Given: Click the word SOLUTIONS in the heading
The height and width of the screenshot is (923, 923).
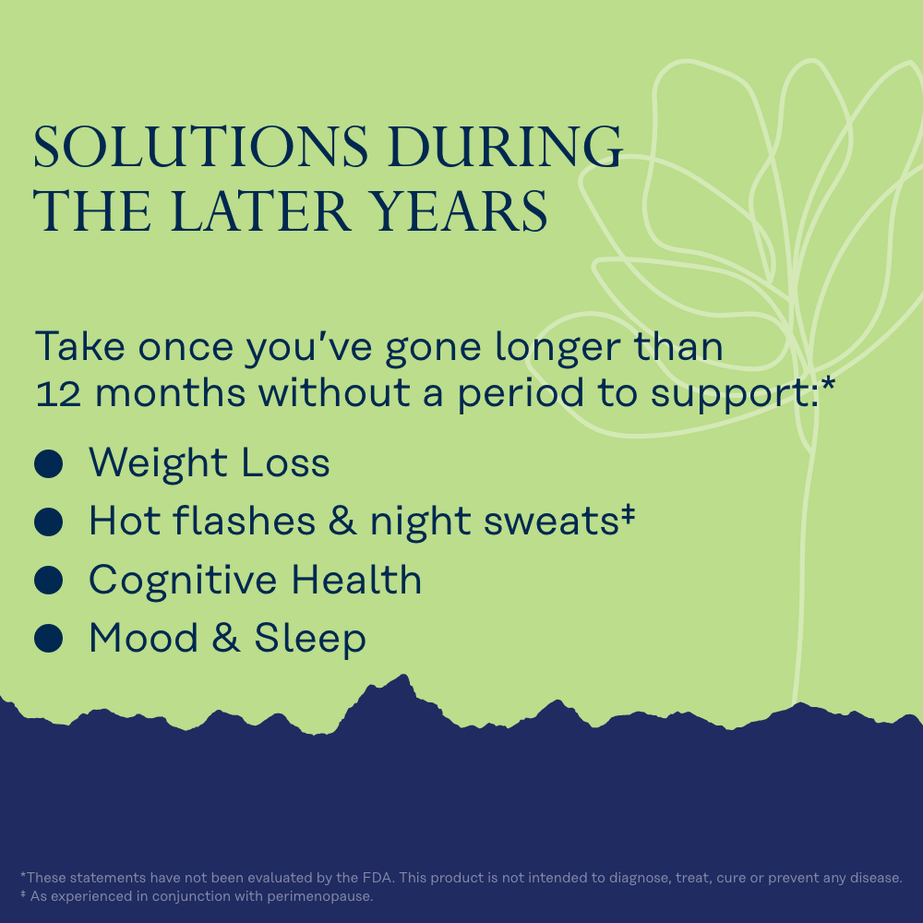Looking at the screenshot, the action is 200,146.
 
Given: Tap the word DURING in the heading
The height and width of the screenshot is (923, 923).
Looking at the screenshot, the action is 505,146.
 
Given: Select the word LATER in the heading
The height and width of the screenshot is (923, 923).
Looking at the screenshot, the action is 261,210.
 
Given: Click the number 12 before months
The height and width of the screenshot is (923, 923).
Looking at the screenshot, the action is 58,394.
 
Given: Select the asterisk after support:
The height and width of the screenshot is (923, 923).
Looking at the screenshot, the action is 828,384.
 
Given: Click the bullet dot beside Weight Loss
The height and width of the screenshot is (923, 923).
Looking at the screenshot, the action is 48,464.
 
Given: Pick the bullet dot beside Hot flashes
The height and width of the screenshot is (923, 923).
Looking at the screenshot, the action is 48,521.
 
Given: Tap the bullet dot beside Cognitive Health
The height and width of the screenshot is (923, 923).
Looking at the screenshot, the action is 48,580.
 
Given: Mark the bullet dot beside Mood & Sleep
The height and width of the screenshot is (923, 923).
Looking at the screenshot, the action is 48,638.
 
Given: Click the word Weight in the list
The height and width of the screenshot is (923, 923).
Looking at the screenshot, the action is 158,464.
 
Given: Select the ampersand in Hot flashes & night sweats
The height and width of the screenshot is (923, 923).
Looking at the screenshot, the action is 342,521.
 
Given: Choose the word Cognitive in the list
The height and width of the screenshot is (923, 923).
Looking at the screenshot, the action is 183,581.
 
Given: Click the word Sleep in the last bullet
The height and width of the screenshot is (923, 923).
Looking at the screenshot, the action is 310,639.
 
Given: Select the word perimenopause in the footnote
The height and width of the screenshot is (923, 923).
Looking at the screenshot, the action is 319,896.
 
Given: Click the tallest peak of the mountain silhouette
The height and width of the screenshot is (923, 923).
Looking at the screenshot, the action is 404,676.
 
